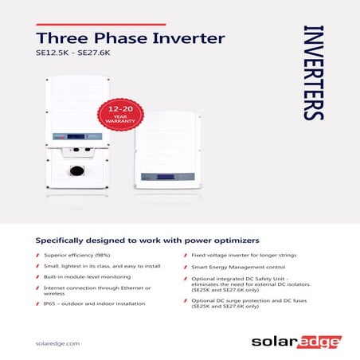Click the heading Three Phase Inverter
pos(131,39)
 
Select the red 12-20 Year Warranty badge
pos(119,119)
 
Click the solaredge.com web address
pos(58,342)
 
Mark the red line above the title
pos(101,25)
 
